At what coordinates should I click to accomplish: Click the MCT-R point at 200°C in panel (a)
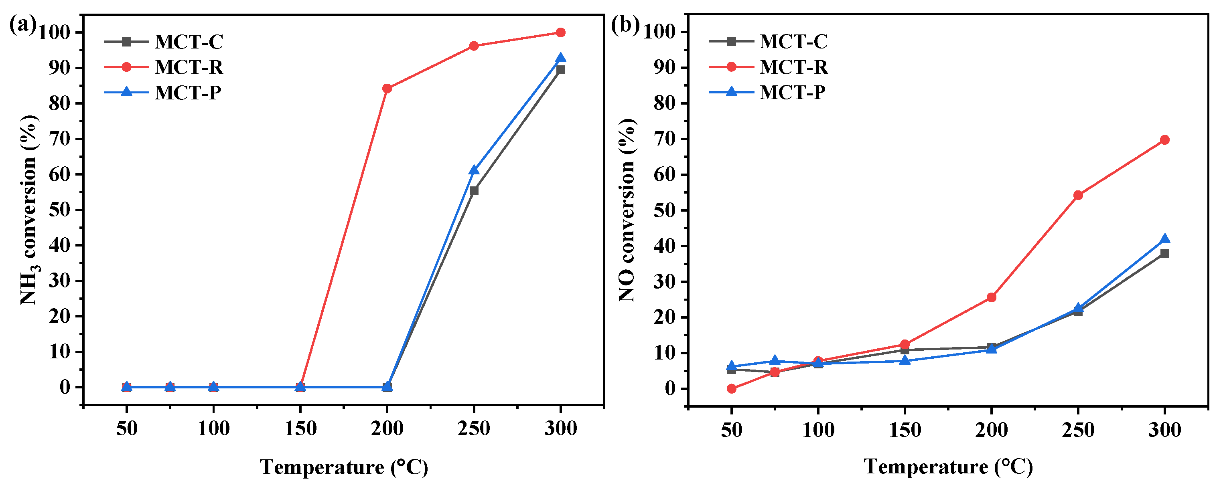(x=387, y=89)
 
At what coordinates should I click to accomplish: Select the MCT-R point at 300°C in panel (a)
(x=560, y=32)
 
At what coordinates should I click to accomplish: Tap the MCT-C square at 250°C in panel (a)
(x=474, y=190)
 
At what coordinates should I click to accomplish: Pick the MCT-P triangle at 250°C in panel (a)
(x=474, y=170)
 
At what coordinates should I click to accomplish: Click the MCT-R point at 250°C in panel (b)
(x=1078, y=195)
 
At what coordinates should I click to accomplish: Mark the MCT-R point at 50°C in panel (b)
(x=732, y=389)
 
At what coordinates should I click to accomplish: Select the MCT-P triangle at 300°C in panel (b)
(x=1164, y=239)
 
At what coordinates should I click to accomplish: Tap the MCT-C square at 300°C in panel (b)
(x=1164, y=253)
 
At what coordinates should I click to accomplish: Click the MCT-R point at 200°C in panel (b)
(x=992, y=297)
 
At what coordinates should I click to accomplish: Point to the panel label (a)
(x=22, y=24)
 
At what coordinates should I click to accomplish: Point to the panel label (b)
(x=625, y=24)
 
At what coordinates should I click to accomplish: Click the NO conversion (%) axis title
(x=627, y=210)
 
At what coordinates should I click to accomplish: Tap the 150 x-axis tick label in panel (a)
(x=300, y=429)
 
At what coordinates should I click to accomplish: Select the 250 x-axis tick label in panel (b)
(x=1078, y=430)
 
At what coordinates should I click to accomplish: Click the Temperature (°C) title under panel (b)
(x=948, y=467)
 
